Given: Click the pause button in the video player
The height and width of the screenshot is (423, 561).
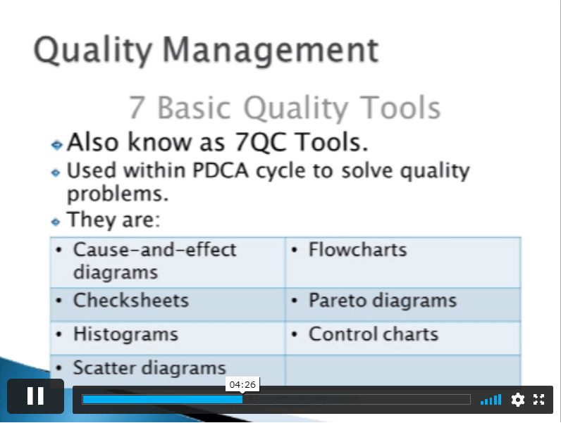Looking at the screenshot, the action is (x=35, y=396).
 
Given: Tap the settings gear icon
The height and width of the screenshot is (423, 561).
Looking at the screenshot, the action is (x=518, y=399).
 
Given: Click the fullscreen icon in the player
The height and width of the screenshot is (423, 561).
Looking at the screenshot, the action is (x=539, y=399).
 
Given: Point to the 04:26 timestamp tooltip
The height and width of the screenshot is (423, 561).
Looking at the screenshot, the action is (x=242, y=385).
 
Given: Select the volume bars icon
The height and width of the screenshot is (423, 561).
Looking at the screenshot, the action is (x=491, y=399).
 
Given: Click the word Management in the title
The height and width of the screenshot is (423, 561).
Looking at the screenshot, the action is (x=271, y=51).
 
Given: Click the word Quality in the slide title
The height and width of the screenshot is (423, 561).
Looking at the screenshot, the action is (x=93, y=51).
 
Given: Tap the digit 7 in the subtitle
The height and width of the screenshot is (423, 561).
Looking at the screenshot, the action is (x=136, y=108).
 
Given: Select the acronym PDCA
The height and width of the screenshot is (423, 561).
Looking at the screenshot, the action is (x=221, y=170).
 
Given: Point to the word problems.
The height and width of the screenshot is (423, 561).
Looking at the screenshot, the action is (x=118, y=194).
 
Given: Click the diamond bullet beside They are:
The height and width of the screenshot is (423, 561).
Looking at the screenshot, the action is (x=56, y=222).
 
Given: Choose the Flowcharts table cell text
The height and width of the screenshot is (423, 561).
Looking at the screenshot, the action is (x=358, y=249).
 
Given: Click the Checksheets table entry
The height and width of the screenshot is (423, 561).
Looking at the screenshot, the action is (x=131, y=300).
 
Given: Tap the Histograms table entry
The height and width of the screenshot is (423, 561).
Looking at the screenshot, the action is (x=125, y=335).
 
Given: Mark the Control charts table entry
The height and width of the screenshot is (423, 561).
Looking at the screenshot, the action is (x=374, y=334).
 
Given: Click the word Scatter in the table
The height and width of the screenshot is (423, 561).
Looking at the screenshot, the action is (x=107, y=367).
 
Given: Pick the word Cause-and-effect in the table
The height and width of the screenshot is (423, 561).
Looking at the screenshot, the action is (x=154, y=249).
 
